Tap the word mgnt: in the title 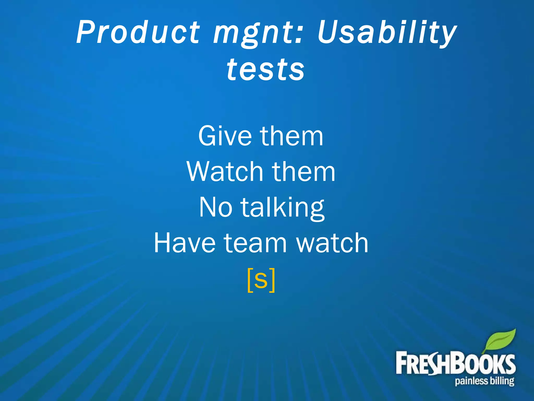(257, 34)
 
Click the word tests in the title (265, 69)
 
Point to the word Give (225, 136)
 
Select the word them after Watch (304, 172)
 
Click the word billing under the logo (502, 381)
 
